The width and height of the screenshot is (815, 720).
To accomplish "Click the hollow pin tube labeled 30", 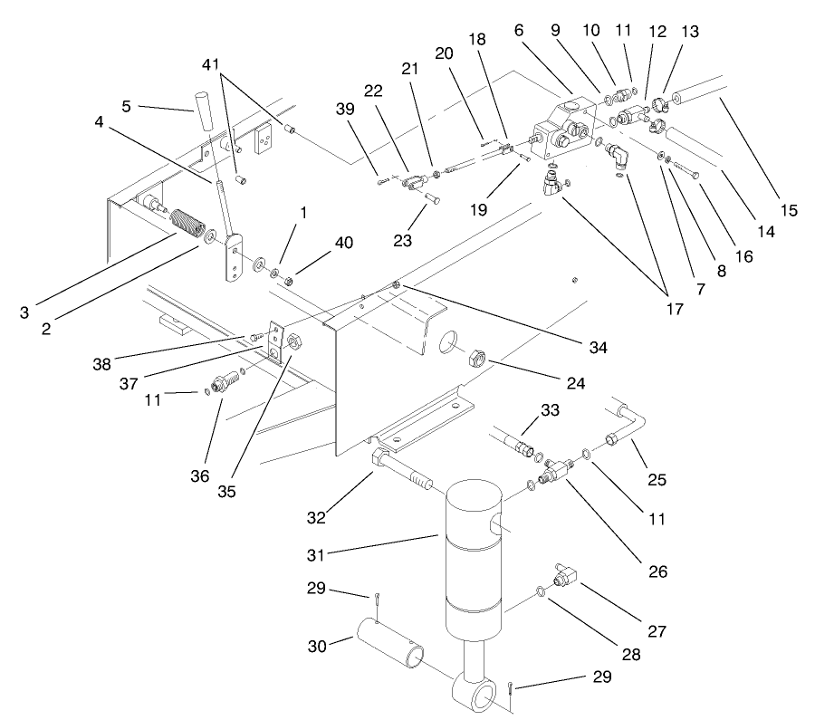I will coord(389,644).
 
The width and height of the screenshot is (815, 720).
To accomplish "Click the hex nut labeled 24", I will coord(474,362).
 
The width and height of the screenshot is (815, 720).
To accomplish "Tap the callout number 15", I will coord(788,211).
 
